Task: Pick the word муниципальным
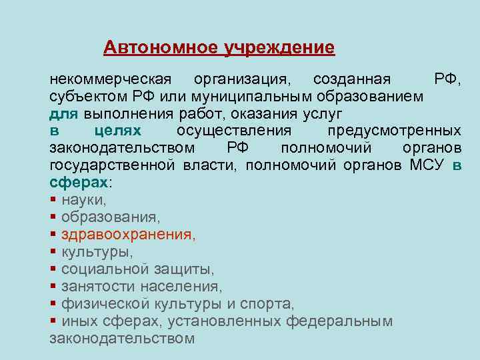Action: click(261, 96)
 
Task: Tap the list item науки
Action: click(83, 199)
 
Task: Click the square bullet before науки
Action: click(53, 199)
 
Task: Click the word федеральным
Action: click(339, 321)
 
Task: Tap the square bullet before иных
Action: click(53, 321)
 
